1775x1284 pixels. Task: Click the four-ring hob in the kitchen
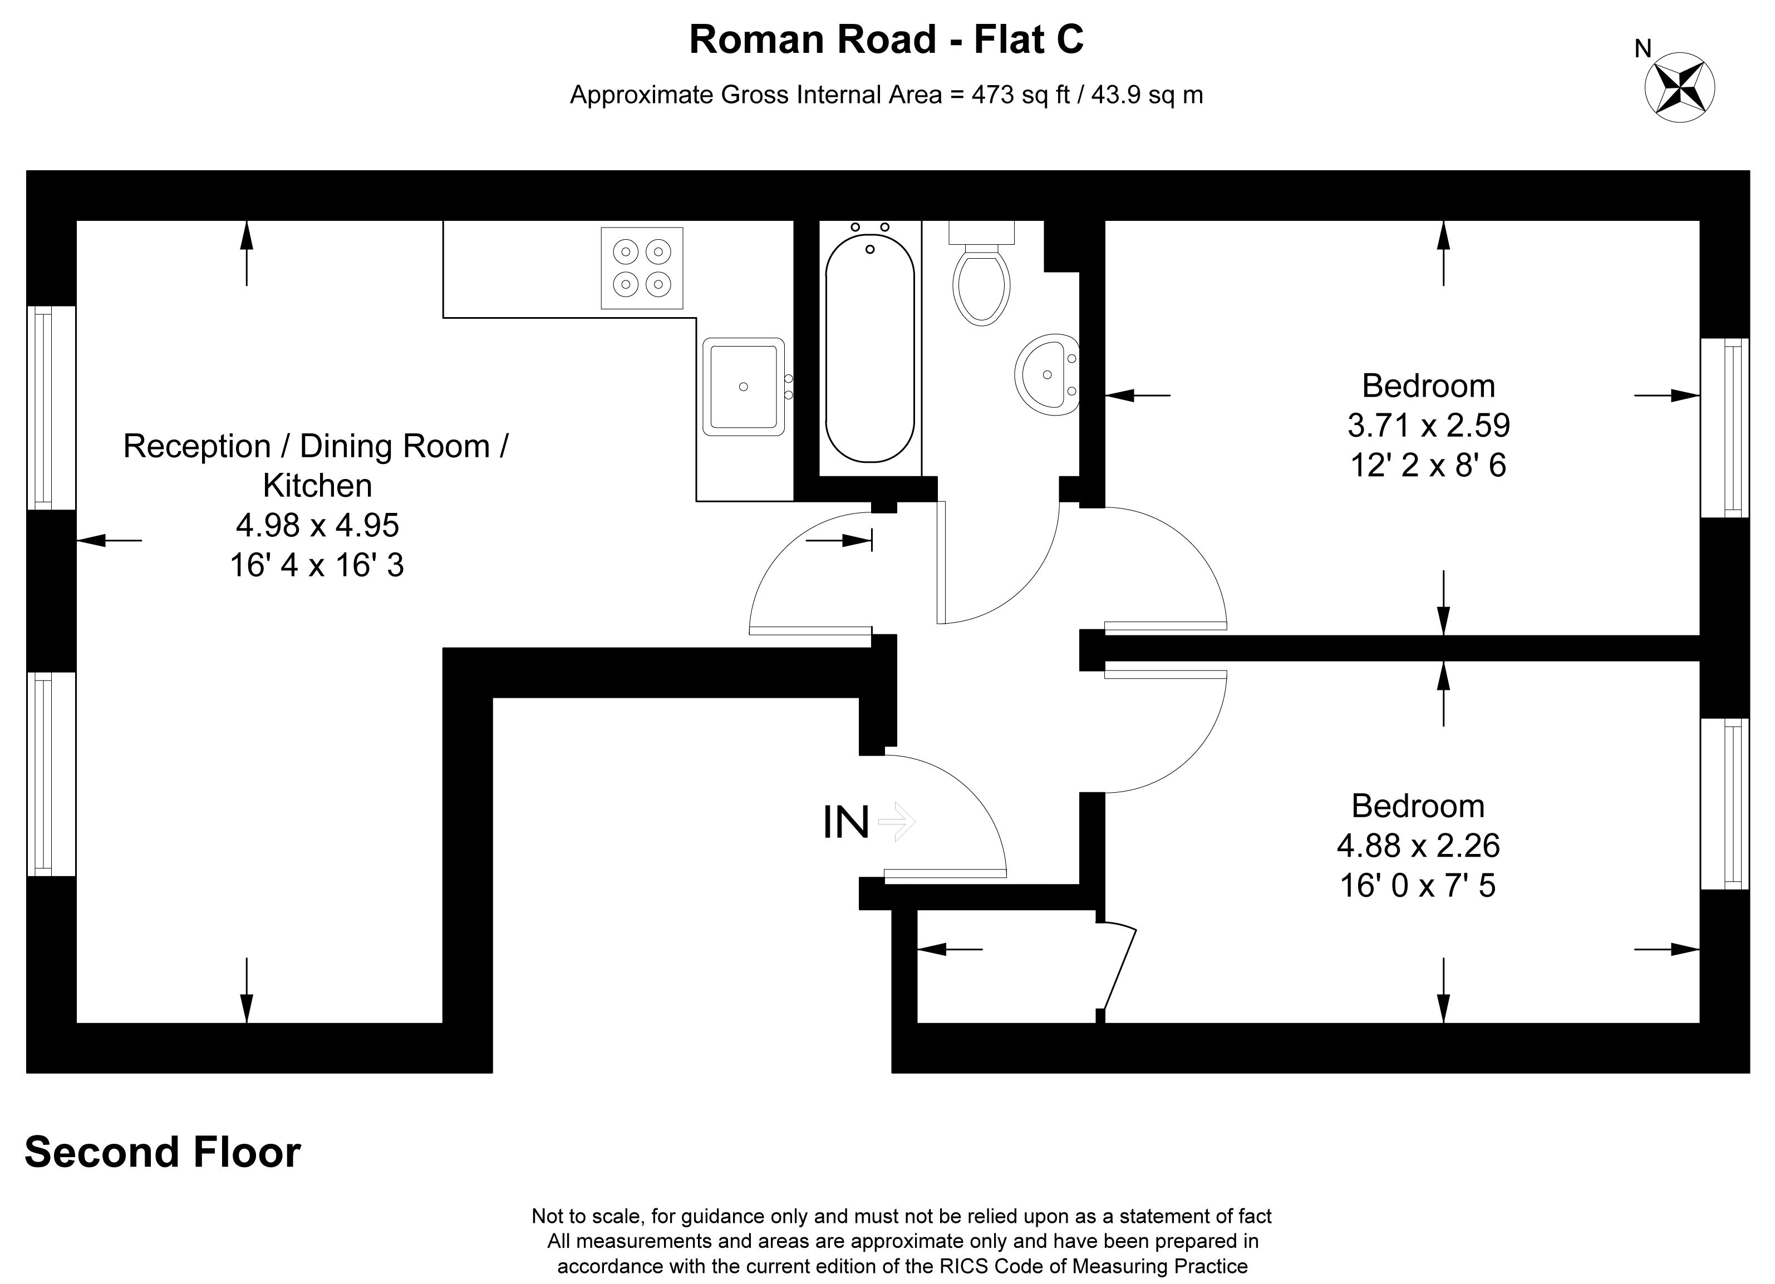pos(642,268)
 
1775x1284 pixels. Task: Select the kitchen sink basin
pos(744,387)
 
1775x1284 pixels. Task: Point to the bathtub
pos(869,348)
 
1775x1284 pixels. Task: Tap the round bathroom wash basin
pos(1047,375)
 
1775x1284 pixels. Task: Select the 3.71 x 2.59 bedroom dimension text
pos(1428,426)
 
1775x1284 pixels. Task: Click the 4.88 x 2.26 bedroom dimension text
pos(1418,846)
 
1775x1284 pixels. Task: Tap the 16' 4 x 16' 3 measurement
pos(317,565)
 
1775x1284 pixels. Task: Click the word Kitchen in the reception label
pos(317,486)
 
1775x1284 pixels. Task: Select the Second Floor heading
pos(163,1153)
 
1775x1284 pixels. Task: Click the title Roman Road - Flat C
pos(886,39)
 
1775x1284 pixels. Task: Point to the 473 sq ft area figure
pos(1021,95)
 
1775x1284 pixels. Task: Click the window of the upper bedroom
pos(1725,428)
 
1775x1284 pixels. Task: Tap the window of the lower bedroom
pos(1725,803)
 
